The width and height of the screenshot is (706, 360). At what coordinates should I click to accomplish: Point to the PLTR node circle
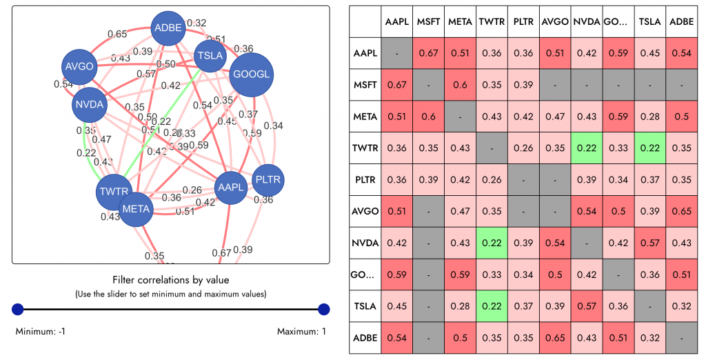tap(268, 180)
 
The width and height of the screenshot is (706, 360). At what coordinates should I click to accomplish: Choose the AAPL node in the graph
tap(231, 187)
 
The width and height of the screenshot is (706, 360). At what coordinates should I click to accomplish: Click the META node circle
tap(136, 208)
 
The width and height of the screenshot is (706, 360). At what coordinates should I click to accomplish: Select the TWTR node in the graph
tap(114, 191)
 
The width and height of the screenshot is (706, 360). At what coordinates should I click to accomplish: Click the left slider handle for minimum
tap(18, 310)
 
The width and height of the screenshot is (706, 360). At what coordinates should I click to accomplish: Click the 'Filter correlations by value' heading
tap(170, 280)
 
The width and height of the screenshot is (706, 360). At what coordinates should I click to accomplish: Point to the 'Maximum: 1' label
tap(301, 332)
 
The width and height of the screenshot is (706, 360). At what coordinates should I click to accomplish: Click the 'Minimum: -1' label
tap(40, 332)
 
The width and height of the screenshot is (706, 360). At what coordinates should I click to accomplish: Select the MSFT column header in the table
tap(428, 22)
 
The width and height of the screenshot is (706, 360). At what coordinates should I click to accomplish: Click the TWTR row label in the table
tap(365, 148)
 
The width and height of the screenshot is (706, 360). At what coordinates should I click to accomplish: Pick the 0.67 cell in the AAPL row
tap(428, 54)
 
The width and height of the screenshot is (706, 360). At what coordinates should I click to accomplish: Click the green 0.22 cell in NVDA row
tap(492, 243)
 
